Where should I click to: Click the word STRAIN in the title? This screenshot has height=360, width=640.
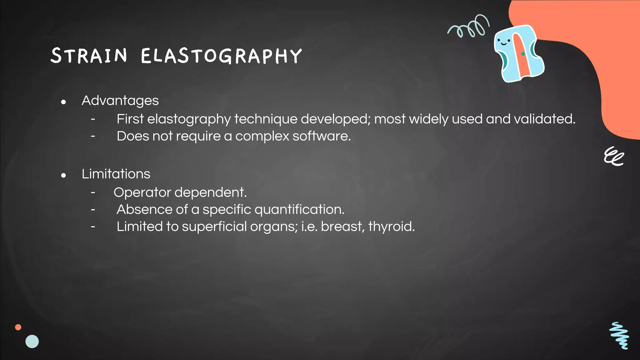(x=89, y=56)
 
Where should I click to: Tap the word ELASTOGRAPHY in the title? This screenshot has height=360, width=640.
(x=221, y=56)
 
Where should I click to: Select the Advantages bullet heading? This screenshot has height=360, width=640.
(x=120, y=101)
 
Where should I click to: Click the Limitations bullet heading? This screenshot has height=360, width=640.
(x=116, y=174)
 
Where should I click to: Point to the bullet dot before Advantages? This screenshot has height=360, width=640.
(x=63, y=102)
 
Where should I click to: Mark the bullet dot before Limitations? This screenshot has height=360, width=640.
(x=63, y=175)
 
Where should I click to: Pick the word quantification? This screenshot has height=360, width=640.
(x=299, y=210)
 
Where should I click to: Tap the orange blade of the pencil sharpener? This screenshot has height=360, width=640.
(x=521, y=55)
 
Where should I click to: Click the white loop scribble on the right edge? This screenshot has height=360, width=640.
(x=613, y=156)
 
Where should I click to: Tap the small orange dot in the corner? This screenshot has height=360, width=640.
(x=18, y=327)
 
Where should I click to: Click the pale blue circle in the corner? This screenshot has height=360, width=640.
(x=32, y=342)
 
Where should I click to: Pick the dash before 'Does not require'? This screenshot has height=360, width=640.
(x=93, y=136)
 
